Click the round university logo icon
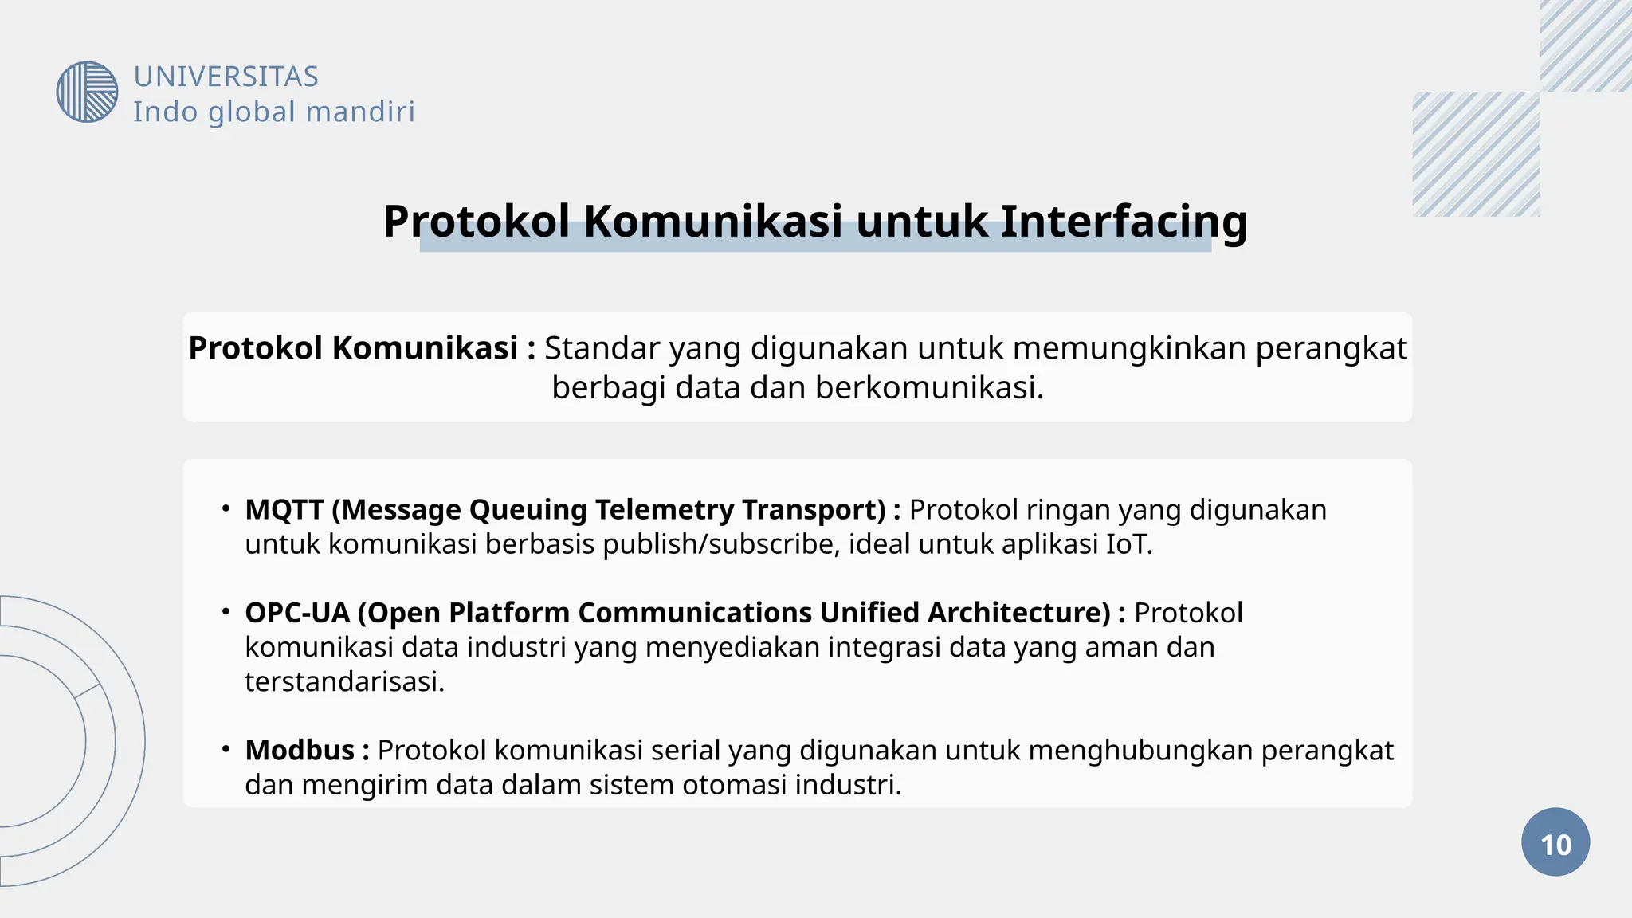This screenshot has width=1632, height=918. [87, 92]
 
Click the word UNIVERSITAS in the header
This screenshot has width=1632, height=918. [226, 76]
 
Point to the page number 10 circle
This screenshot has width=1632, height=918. [1555, 842]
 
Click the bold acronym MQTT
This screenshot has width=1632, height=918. [284, 509]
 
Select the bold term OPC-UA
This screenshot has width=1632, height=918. [297, 612]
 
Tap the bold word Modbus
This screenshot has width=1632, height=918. [300, 750]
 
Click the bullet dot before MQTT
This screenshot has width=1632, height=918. [226, 508]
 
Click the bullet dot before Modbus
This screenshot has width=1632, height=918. [226, 749]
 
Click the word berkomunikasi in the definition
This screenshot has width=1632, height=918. [928, 387]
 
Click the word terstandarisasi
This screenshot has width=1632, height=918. [344, 681]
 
